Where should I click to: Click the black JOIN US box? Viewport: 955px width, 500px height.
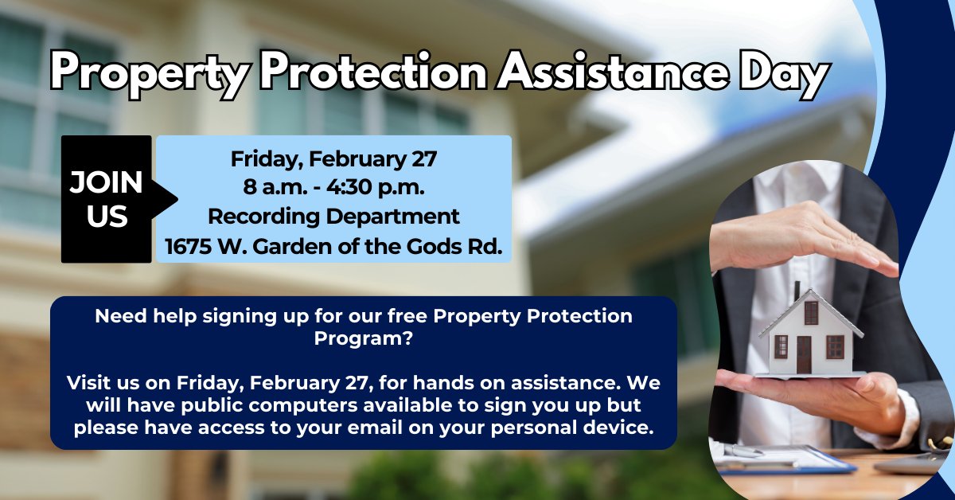coord(106,199)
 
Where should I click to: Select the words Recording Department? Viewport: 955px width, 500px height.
coord(333,216)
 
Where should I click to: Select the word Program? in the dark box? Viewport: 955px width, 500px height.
coord(363,337)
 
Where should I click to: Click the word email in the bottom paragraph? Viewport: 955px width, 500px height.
coord(490,427)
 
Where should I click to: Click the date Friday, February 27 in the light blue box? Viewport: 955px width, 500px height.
coord(333,158)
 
